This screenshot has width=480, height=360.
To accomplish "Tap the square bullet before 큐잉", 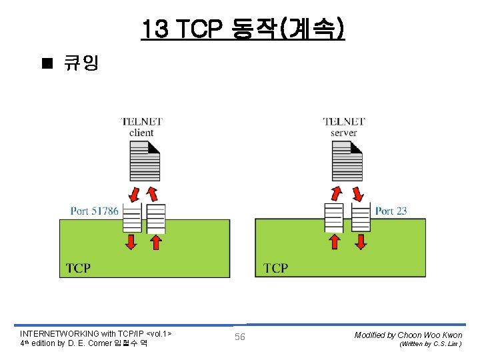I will click(x=46, y=63).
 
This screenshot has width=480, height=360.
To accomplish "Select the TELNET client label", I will click(x=141, y=127).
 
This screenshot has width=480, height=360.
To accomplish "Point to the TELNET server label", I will click(x=343, y=127).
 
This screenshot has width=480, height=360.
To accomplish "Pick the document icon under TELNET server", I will click(x=347, y=162).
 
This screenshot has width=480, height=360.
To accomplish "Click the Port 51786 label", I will click(x=95, y=211).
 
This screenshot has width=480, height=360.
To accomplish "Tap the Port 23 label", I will click(x=391, y=211).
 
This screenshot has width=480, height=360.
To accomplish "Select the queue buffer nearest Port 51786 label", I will click(x=132, y=218).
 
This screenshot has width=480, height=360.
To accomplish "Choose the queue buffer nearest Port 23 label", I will click(x=361, y=218).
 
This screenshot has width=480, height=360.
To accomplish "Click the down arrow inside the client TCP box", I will click(x=131, y=241).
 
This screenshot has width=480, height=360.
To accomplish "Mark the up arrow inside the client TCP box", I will click(x=156, y=241).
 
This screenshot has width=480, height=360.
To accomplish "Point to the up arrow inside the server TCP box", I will click(x=334, y=241).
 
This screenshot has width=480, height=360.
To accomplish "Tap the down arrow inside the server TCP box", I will click(x=361, y=241).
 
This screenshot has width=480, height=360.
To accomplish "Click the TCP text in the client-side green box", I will click(x=79, y=268).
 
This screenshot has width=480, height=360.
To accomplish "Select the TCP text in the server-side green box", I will click(x=276, y=268).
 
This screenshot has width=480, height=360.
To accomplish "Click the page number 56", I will click(x=240, y=337).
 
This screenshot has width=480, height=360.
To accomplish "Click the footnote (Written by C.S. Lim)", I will click(x=430, y=344).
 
